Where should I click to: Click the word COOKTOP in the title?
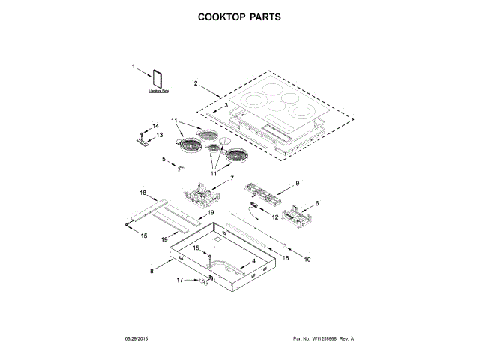[x=222, y=16]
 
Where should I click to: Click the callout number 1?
[x=135, y=67]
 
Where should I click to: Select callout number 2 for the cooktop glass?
[x=196, y=83]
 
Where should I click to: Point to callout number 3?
[x=225, y=106]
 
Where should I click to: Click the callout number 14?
[x=156, y=125]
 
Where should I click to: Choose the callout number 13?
[x=159, y=135]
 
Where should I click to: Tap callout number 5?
[x=163, y=159]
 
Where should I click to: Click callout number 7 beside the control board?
[x=232, y=178]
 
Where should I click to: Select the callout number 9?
[x=297, y=184]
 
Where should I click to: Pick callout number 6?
[x=317, y=203]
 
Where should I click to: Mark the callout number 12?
[x=275, y=217]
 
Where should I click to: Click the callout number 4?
[x=253, y=261]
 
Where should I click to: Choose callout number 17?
[x=180, y=280]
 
